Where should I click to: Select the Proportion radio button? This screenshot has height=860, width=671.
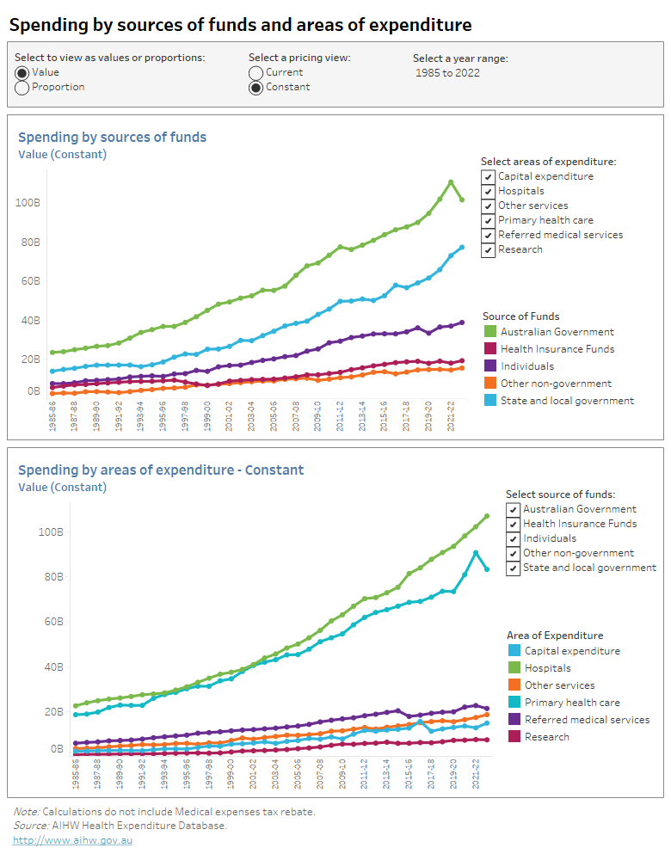[22, 87]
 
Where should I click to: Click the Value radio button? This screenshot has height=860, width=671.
[22, 73]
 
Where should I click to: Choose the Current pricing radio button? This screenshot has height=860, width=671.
[255, 73]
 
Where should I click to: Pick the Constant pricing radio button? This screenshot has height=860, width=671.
[255, 87]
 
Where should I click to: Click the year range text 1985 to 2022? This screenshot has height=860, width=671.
[447, 73]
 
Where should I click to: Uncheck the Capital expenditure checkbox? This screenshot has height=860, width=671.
[489, 176]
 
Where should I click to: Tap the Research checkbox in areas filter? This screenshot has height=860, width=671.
[489, 249]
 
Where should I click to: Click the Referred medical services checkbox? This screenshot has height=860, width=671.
[489, 235]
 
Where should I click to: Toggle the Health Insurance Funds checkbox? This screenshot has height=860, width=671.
[514, 524]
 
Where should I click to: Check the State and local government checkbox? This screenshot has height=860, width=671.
[514, 568]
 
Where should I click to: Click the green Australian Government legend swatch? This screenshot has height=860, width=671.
[489, 332]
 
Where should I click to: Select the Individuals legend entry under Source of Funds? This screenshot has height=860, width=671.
[526, 366]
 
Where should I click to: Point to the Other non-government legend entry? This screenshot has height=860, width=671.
[556, 384]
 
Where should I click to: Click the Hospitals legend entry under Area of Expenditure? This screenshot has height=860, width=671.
[547, 668]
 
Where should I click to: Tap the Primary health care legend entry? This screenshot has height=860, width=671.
[571, 703]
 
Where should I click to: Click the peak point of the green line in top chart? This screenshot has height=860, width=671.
[451, 182]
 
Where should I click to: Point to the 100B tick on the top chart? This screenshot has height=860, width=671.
[28, 203]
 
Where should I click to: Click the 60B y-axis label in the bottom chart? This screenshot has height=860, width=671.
[52, 622]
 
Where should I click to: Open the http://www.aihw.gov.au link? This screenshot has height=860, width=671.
[72, 840]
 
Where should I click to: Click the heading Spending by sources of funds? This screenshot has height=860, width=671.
[112, 138]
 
